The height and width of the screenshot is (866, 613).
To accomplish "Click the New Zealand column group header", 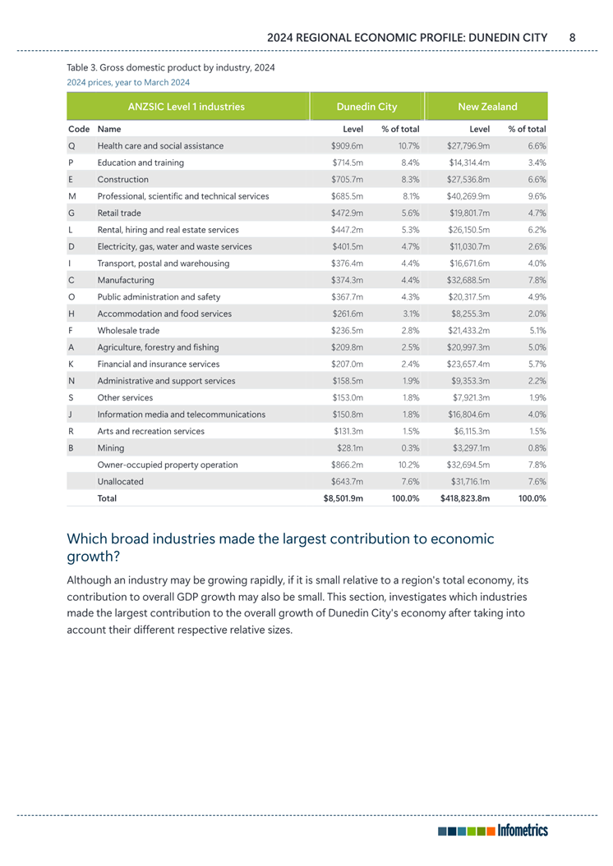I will tap(487, 107).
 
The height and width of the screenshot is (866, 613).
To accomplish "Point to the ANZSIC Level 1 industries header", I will tap(187, 107).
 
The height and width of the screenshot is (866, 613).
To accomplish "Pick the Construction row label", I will tap(123, 179).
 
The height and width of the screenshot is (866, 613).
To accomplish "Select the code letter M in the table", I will tap(72, 196).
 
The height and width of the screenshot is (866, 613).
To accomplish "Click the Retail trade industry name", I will tap(119, 213).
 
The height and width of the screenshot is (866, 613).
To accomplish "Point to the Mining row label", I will tap(111, 448).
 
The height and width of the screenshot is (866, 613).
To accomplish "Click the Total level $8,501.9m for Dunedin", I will tap(343, 498).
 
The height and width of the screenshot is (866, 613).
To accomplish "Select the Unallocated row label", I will tap(121, 482).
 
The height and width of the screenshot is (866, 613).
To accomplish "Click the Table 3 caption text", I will tap(170, 67).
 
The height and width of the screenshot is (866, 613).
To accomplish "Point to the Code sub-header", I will tap(79, 130).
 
